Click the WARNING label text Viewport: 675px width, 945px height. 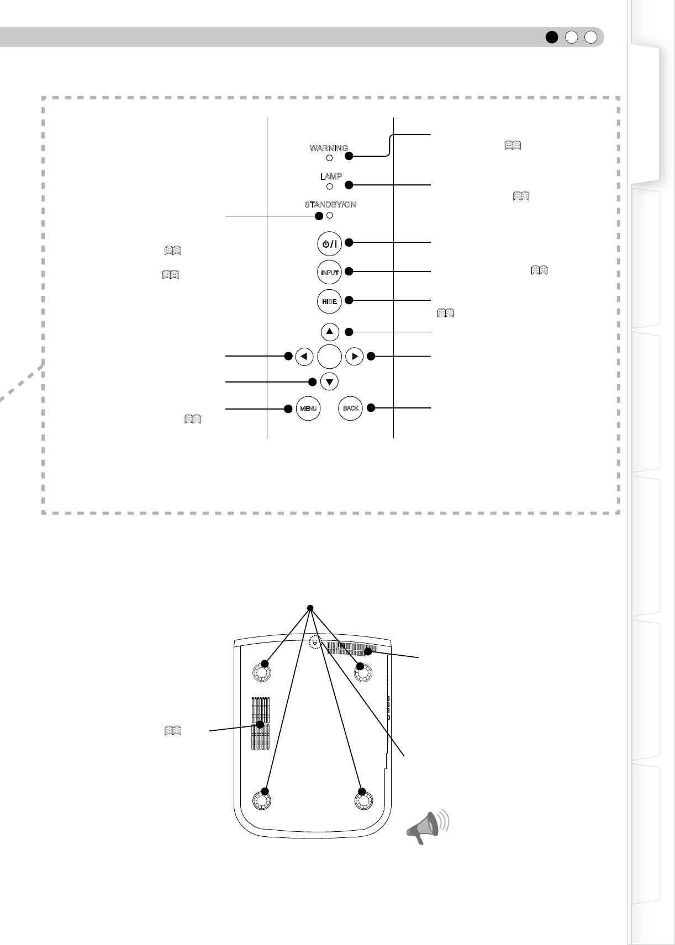pos(329,148)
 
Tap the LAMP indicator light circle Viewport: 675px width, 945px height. pos(330,187)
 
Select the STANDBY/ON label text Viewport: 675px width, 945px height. pos(330,205)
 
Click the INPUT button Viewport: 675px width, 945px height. pos(330,272)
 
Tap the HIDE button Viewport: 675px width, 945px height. pos(330,301)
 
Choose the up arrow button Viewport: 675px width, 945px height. pos(330,332)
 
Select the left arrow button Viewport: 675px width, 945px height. pos(304,357)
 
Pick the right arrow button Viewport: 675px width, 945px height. pos(355,357)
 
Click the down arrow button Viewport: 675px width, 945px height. pos(330,381)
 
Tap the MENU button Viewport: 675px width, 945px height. pos(308,408)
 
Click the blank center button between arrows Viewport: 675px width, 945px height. pos(330,357)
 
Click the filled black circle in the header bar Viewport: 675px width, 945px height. pos(551,37)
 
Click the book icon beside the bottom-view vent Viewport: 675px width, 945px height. pos(172,730)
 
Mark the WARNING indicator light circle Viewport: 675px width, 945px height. pos(330,158)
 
